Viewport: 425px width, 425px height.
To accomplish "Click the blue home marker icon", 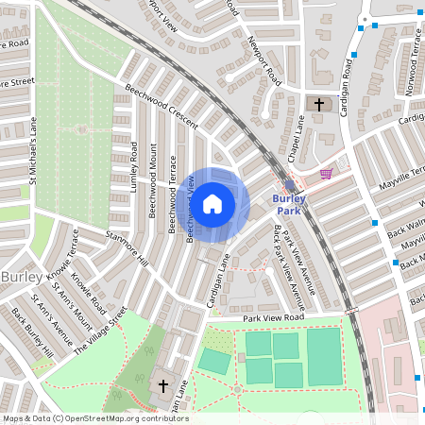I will click(212, 203).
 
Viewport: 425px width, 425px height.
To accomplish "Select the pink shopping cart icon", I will click(327, 174).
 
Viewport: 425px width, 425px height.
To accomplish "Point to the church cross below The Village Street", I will click(162, 385).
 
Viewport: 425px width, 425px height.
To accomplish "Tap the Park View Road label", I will click(274, 319).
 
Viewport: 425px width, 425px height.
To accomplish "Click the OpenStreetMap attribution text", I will click(95, 417).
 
